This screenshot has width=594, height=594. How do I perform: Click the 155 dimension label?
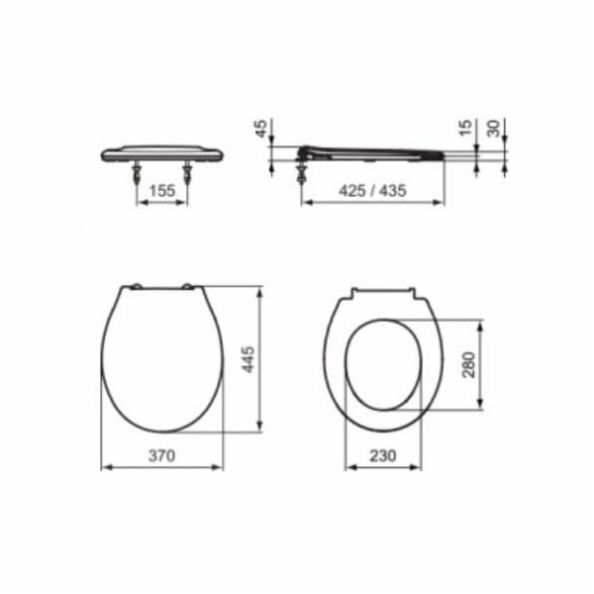pos(162,190)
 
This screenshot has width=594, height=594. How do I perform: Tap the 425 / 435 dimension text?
pos(372,190)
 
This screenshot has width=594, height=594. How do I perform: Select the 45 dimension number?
pos(261,129)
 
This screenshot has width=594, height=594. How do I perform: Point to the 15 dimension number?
pos(465,128)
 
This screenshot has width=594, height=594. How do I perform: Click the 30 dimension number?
pos(494,129)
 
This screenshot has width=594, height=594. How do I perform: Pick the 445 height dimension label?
pos(248,359)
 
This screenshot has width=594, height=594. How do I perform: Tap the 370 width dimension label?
pos(161,455)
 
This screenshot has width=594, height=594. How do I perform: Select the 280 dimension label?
pos(468,364)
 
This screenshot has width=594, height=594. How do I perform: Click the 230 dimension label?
pos(383,455)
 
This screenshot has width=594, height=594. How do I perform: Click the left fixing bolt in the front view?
pos(137,172)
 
